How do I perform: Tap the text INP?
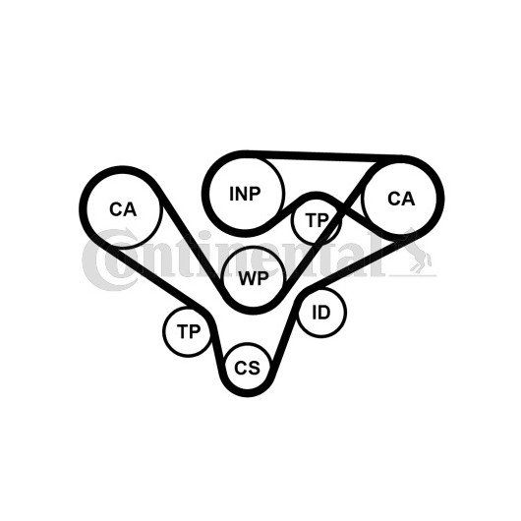245,194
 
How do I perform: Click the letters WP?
254,278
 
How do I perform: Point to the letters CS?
247,368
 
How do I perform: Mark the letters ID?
321,313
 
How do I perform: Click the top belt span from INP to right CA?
324,156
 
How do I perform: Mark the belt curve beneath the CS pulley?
247,393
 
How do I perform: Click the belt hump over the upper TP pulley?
317,196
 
